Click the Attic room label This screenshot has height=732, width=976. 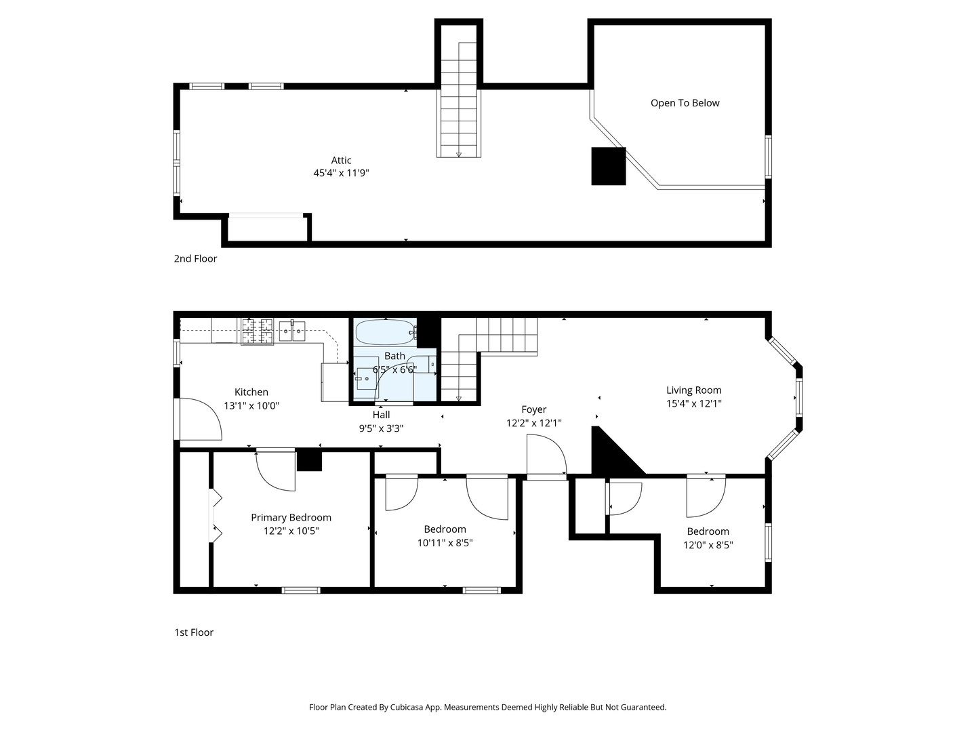(341, 160)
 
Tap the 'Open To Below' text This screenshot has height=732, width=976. (685, 103)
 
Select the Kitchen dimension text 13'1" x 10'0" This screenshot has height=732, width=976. (251, 405)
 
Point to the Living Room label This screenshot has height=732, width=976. (693, 390)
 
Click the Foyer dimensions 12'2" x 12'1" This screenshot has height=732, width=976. (533, 423)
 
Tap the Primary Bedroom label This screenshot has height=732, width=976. (291, 517)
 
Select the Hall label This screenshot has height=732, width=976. (381, 415)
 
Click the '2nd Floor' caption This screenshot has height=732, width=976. (195, 259)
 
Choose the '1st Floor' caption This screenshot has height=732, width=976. (193, 632)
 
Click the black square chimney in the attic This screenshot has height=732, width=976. (608, 166)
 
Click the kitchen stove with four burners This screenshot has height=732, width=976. (257, 331)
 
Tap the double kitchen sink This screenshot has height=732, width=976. (292, 331)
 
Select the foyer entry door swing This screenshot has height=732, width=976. (546, 455)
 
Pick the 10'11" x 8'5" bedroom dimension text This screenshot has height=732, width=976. (445, 543)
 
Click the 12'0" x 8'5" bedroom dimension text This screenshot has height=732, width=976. (708, 545)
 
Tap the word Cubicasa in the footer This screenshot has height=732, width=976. (407, 707)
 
